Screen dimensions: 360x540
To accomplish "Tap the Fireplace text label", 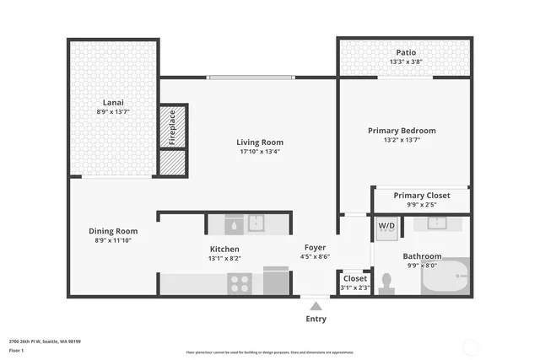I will click(x=172, y=126).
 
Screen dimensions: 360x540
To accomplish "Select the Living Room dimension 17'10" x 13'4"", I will click(x=259, y=153).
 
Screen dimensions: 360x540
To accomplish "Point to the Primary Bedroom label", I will click(x=402, y=131).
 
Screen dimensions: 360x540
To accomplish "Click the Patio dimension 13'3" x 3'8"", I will click(x=407, y=62).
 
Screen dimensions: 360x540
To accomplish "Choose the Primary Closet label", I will click(x=421, y=195).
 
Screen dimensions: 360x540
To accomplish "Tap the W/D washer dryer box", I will click(x=386, y=226).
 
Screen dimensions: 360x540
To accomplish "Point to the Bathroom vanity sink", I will click(x=437, y=224).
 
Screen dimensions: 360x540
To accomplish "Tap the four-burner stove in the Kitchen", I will click(x=240, y=283).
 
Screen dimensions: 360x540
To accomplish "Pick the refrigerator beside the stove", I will click(x=276, y=281).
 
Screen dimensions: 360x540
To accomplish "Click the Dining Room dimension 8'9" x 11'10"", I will click(x=112, y=240).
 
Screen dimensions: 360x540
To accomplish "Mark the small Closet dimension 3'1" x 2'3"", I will click(x=354, y=288).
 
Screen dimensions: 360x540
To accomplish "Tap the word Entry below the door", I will click(x=316, y=319).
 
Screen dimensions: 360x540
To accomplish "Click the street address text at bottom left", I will click(x=45, y=341).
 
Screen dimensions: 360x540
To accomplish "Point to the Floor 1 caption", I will click(x=16, y=350).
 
